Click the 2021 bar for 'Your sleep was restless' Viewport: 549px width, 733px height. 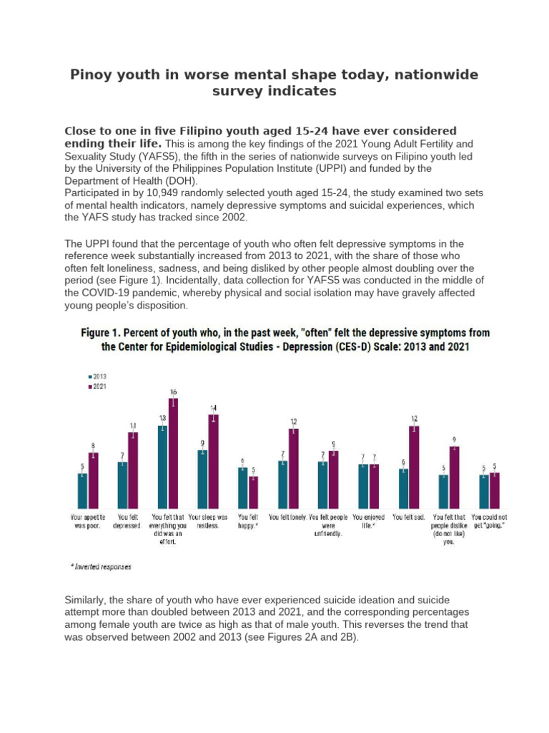coord(213,462)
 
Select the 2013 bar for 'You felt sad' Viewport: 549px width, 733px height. coord(403,488)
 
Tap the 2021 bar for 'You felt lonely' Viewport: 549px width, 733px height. coord(294,468)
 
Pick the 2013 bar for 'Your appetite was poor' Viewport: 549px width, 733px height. coord(83,491)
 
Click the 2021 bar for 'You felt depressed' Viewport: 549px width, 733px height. coord(133,471)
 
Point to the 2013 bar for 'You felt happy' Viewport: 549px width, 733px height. coord(243,488)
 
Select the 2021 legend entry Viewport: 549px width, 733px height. coord(97,387)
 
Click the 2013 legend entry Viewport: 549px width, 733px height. coord(97,377)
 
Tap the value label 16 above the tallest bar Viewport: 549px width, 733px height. coord(173,392)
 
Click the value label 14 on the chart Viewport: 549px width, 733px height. coord(213,408)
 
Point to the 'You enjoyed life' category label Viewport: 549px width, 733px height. coord(368,521)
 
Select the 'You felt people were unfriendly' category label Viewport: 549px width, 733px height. coord(328,525)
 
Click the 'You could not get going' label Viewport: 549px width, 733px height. coord(489,521)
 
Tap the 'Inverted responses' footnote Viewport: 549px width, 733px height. coord(101,567)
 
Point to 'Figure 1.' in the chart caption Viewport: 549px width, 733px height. coord(100,333)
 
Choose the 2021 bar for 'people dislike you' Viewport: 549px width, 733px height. coord(454,477)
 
